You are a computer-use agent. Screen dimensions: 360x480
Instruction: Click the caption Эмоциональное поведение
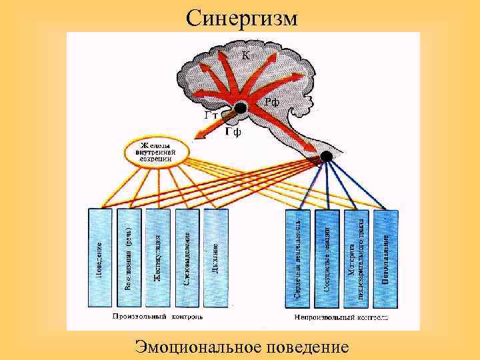241,347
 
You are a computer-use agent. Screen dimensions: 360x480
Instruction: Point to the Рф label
271,102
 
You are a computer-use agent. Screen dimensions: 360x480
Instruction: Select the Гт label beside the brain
211,115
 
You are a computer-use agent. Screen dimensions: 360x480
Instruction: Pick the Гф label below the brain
233,132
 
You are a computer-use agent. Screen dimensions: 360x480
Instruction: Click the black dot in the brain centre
241,107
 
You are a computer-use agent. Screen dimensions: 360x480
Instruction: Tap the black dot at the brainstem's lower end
326,156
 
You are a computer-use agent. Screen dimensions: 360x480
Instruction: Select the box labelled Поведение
100,257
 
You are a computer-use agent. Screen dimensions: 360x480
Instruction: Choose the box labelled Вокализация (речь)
129,257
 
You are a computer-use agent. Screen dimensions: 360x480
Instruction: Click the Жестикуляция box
158,257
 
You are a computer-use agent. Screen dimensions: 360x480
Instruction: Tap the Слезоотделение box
187,257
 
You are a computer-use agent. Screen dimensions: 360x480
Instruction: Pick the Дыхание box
216,257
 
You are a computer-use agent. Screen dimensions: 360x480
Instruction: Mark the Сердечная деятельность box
298,257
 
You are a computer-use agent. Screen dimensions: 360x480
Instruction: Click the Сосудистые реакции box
327,257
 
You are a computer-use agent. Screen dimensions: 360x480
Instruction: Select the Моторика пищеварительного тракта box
356,257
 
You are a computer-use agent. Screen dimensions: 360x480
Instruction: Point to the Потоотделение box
385,257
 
